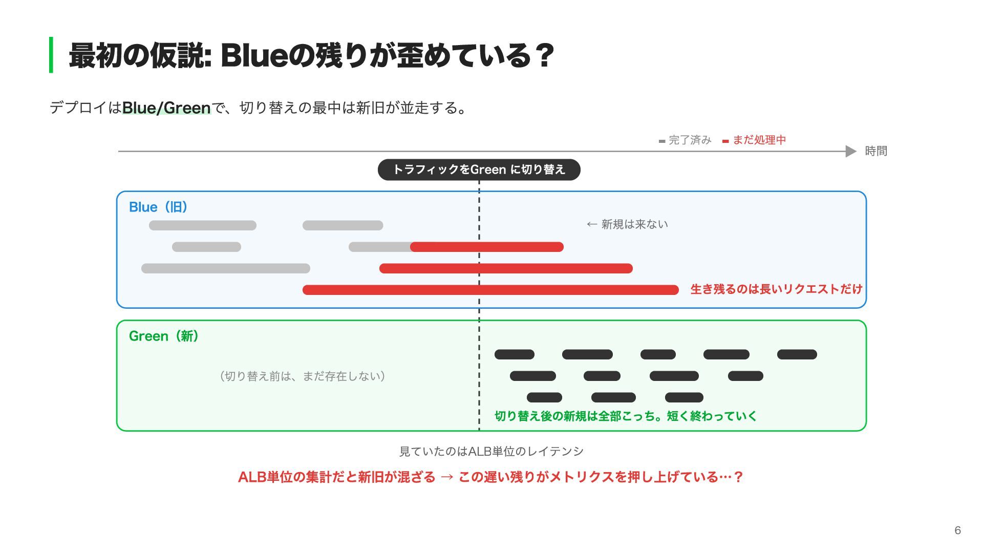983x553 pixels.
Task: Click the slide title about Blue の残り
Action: tap(311, 55)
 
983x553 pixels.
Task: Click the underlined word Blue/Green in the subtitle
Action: tap(166, 108)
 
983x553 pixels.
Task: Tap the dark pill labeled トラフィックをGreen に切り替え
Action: tap(479, 169)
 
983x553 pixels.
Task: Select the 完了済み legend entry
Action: tap(685, 140)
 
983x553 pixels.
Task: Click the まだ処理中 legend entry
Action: tap(754, 140)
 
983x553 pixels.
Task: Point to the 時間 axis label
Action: tap(876, 151)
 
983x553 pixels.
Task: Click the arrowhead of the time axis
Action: tap(851, 151)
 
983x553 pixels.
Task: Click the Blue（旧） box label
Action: tap(158, 207)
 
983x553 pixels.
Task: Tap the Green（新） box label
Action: tap(164, 336)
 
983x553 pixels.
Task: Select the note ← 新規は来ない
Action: tap(627, 224)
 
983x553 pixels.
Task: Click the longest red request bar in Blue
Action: tap(490, 290)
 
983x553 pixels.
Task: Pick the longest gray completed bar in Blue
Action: tap(226, 268)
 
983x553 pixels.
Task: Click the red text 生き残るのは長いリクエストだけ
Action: tap(776, 289)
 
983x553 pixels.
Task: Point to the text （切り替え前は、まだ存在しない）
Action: tap(302, 376)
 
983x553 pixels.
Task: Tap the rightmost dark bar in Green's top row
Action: tap(797, 354)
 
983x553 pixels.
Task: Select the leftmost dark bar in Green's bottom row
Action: tap(544, 397)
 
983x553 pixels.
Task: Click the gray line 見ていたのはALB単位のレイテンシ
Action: tap(491, 452)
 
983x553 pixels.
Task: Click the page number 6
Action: tap(957, 530)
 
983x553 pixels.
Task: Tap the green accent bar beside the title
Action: tap(51, 55)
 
